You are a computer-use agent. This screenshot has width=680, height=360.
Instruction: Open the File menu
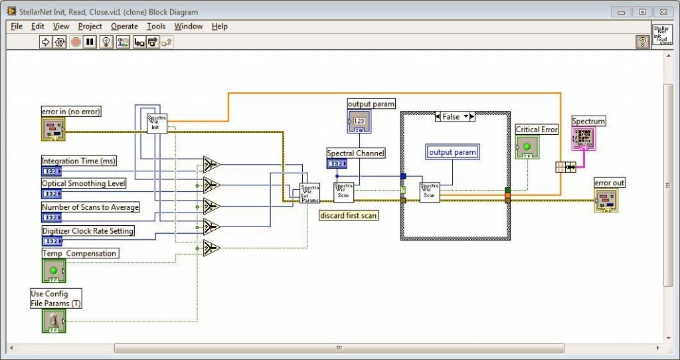(17, 27)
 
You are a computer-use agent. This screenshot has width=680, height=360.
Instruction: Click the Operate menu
(124, 27)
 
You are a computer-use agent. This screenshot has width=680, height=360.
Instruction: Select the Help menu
(219, 27)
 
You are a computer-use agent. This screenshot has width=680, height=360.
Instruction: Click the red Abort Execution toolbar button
(76, 43)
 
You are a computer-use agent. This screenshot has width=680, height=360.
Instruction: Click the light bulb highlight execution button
(106, 43)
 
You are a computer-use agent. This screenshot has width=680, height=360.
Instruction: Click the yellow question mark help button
(642, 43)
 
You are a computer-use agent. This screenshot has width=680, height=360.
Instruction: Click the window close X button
(663, 11)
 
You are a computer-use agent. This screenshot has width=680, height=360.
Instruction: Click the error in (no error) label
(71, 112)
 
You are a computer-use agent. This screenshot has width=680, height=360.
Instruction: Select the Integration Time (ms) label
(78, 161)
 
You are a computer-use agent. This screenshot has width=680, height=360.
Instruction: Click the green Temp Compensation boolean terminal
(54, 271)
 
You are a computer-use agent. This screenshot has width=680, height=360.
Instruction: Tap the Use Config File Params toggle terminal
(54, 321)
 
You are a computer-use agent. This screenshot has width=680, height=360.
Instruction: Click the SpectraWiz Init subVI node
(157, 123)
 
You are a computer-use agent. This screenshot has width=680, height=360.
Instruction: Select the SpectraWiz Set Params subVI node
(309, 193)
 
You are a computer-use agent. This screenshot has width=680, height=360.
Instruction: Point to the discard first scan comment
(348, 216)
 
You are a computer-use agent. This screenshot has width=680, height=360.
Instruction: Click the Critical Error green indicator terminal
(527, 147)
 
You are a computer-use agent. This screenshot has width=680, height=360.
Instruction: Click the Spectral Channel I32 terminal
(337, 164)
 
